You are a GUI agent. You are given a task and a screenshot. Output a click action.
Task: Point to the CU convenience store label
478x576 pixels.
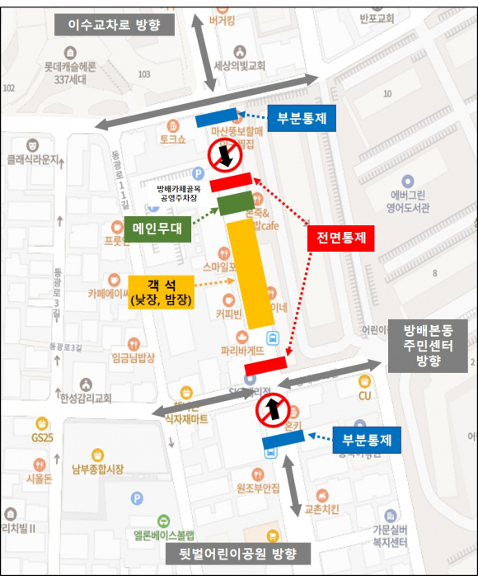[x=365, y=395]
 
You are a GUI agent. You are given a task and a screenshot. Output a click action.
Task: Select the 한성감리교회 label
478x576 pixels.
[x=85, y=398]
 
